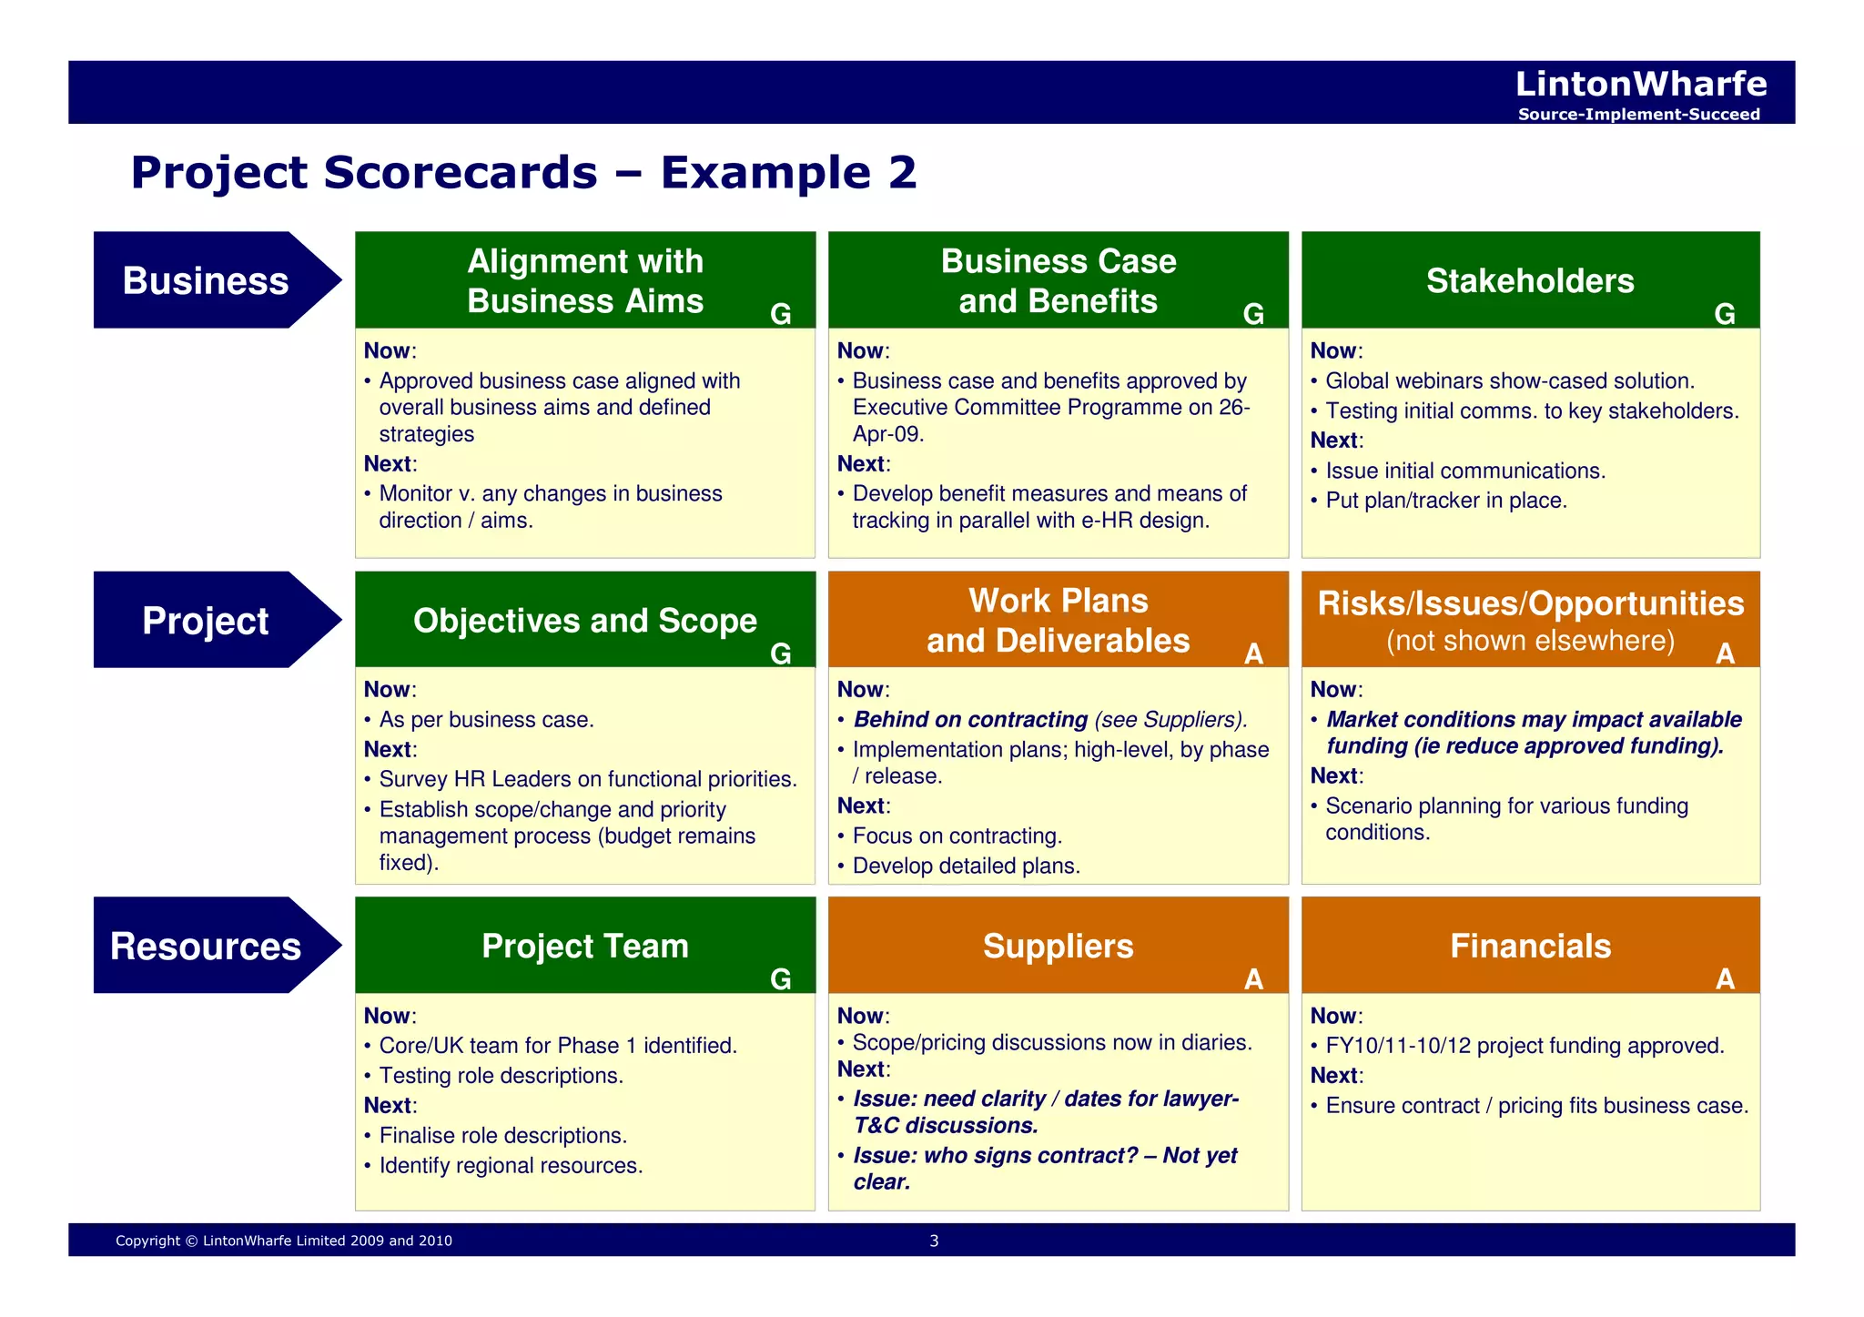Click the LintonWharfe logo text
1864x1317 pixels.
click(x=1640, y=84)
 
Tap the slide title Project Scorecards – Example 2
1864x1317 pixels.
click(x=523, y=172)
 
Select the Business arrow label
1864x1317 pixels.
click(x=206, y=280)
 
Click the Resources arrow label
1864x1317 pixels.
click(x=206, y=946)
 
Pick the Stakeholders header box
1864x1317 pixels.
click(x=1530, y=280)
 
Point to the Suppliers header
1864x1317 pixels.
click(x=1058, y=946)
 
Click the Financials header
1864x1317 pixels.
click(x=1530, y=946)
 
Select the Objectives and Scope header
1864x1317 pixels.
click(x=584, y=620)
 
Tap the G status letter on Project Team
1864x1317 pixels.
click(x=780, y=978)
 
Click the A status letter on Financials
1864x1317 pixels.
click(x=1725, y=978)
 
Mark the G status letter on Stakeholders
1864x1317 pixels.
click(x=1725, y=314)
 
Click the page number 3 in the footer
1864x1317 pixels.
click(x=934, y=1241)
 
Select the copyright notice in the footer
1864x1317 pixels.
click(x=284, y=1241)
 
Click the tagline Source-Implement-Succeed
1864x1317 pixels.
click(x=1638, y=115)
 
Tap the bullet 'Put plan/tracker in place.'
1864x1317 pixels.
click(x=1445, y=501)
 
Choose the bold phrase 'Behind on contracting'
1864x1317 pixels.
click(x=970, y=719)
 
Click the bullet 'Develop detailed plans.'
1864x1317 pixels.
click(x=966, y=866)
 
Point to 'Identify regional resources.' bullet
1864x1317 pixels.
click(x=511, y=1165)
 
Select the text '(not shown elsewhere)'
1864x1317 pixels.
click(x=1530, y=641)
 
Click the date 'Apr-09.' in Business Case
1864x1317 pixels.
click(x=887, y=434)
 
